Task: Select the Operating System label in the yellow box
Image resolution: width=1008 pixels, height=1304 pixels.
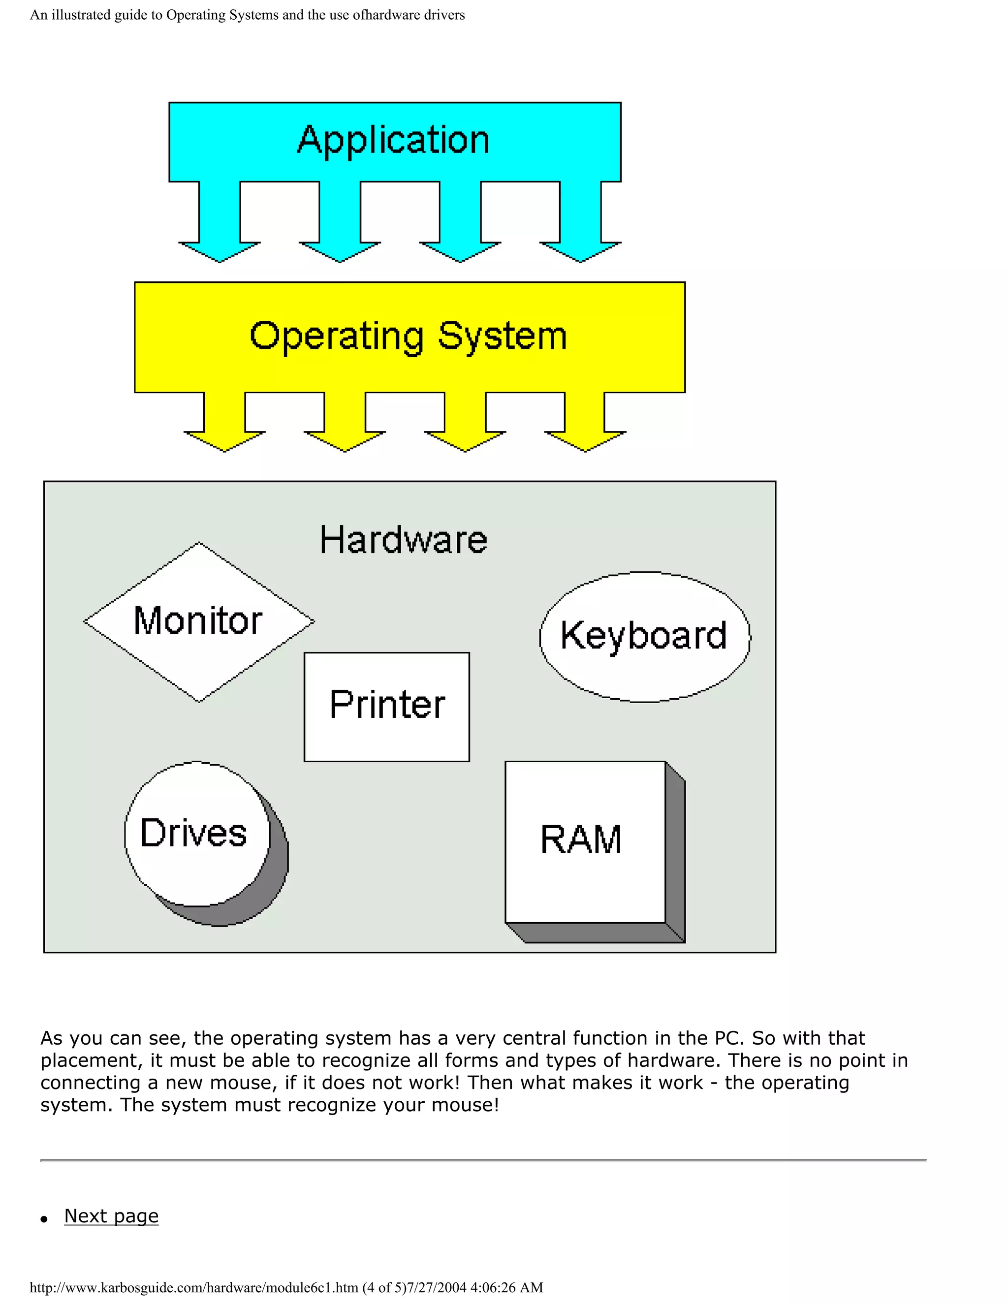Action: (408, 337)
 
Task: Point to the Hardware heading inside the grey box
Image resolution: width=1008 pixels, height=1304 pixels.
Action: (403, 540)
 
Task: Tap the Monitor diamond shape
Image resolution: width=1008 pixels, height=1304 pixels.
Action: (198, 621)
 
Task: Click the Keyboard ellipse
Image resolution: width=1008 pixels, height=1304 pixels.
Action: (644, 636)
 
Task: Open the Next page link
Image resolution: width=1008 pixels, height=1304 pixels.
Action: (111, 1216)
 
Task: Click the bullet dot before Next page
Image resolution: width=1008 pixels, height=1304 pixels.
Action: (44, 1219)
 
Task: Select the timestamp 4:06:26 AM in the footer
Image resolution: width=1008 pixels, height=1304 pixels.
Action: (506, 1288)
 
